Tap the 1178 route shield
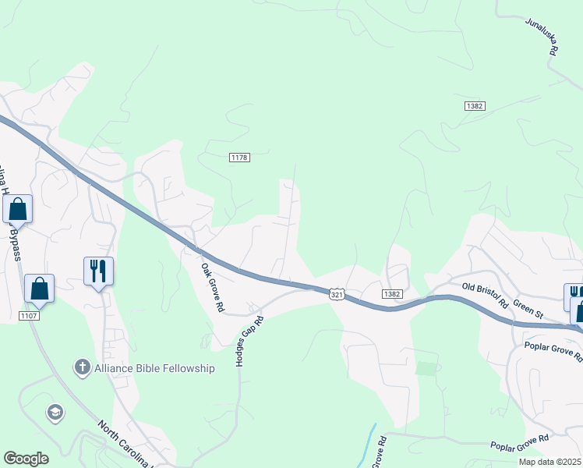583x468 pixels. pyautogui.click(x=239, y=158)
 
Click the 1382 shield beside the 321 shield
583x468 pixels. pyautogui.click(x=392, y=293)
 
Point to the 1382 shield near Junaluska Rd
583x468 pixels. pyautogui.click(x=474, y=106)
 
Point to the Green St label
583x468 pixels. pyautogui.click(x=528, y=310)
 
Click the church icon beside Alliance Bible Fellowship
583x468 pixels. pyautogui.click(x=82, y=367)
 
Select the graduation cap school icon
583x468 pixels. pyautogui.click(x=55, y=412)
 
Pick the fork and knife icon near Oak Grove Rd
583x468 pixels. pyautogui.click(x=99, y=271)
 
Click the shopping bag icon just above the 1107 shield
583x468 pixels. pyautogui.click(x=40, y=288)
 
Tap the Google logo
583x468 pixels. pyautogui.click(x=26, y=459)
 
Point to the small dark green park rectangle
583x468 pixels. pyautogui.click(x=426, y=368)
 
